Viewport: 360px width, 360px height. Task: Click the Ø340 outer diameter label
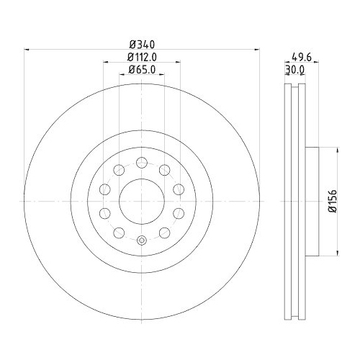pos(142,43)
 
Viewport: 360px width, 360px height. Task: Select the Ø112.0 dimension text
pos(142,57)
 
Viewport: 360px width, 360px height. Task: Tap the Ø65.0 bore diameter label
pos(142,69)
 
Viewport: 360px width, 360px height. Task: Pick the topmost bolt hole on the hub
pos(142,161)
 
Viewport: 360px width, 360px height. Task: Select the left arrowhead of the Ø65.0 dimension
pos(121,75)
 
